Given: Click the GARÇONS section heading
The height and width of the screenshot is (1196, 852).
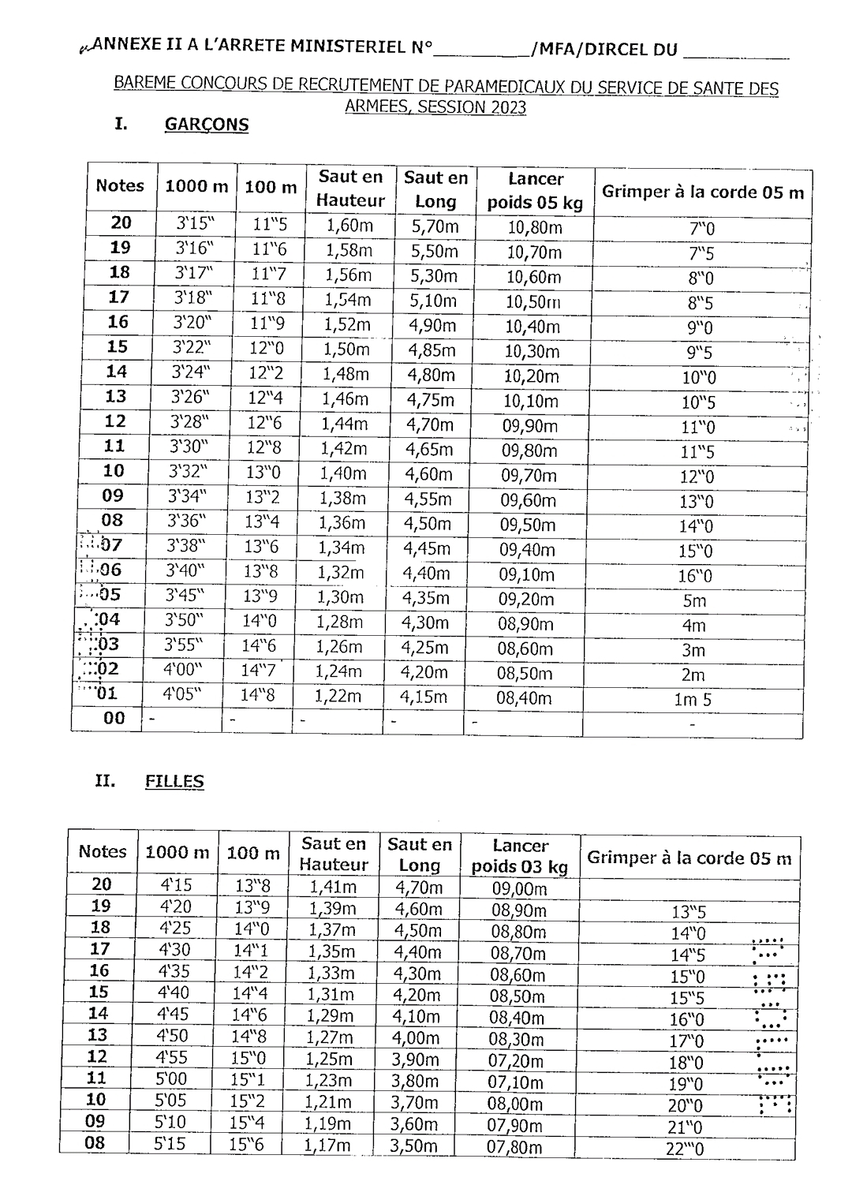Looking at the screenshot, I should [x=207, y=125].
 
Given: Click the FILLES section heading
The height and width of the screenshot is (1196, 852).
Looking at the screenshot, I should [x=174, y=782].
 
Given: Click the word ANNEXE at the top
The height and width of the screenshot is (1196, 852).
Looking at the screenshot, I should [x=124, y=48].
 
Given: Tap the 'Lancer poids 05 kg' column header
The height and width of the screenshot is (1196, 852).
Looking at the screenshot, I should [x=535, y=191].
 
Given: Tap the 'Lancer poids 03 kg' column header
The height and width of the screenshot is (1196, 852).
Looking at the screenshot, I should [x=520, y=857].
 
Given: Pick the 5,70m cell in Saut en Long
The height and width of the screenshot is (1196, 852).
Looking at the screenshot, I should [x=434, y=227].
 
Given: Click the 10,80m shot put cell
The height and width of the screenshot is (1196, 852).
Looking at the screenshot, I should [x=534, y=229].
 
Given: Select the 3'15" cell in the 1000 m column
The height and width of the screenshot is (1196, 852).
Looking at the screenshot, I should [x=195, y=224].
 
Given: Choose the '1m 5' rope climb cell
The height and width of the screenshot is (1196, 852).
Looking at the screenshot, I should [x=693, y=700].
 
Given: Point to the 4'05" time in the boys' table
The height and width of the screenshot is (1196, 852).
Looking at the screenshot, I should [x=182, y=694].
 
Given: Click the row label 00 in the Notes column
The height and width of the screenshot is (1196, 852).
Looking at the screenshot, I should [x=114, y=718].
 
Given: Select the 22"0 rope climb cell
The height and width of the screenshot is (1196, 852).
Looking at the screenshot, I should [x=685, y=1149].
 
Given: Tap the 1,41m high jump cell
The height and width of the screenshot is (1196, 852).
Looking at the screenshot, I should [x=333, y=888].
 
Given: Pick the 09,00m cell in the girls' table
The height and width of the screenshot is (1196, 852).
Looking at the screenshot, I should [x=519, y=889].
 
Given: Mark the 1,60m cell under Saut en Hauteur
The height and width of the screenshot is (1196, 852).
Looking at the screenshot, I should [x=349, y=226].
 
